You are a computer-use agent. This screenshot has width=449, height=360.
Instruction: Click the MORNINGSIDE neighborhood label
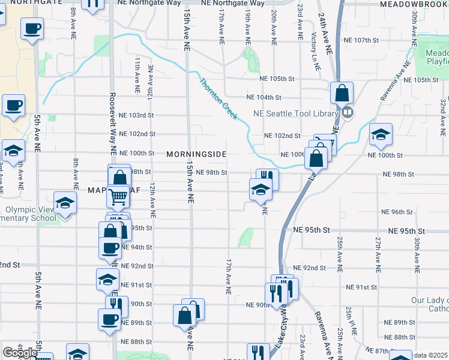click(x=196, y=154)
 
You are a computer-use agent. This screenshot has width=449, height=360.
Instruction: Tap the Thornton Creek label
click(x=218, y=99)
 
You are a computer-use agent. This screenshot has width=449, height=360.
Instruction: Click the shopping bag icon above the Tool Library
click(x=342, y=94)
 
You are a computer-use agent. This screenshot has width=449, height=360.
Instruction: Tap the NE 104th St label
click(x=264, y=97)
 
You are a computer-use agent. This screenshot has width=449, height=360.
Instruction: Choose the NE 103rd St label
click(x=136, y=115)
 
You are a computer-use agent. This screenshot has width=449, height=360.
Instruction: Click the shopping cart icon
click(x=118, y=196)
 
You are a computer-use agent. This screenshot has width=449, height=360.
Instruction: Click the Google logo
click(x=20, y=353)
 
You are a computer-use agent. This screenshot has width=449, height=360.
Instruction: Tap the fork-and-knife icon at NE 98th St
click(x=267, y=179)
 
